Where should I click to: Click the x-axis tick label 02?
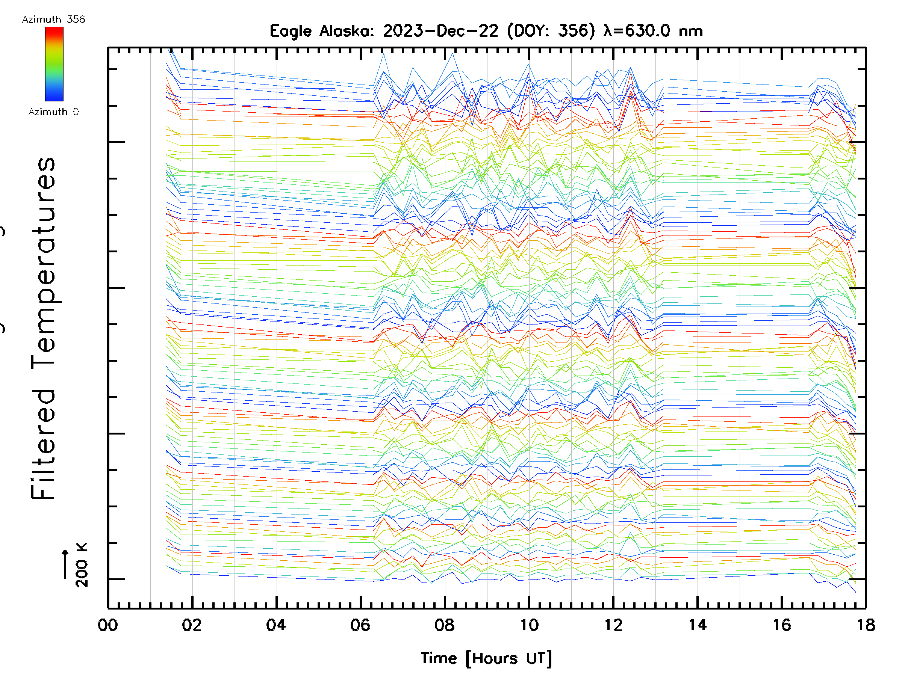(x=192, y=625)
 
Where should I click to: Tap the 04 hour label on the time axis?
(x=276, y=625)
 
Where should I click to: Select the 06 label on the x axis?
(x=360, y=625)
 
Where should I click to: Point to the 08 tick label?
(x=445, y=625)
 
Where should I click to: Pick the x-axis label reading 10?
(x=529, y=625)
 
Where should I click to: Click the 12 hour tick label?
(x=613, y=625)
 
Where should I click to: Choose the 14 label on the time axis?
(x=697, y=625)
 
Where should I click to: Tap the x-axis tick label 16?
(x=782, y=625)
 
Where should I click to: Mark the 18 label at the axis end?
(x=866, y=625)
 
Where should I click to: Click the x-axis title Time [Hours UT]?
(x=486, y=658)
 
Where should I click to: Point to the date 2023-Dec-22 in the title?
(x=440, y=31)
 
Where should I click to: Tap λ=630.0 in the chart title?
(x=637, y=31)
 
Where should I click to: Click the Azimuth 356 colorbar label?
(x=53, y=20)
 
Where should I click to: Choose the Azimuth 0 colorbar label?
(x=53, y=112)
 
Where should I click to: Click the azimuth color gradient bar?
(x=54, y=64)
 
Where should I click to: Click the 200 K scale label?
(x=82, y=566)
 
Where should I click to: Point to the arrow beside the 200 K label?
(x=65, y=564)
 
